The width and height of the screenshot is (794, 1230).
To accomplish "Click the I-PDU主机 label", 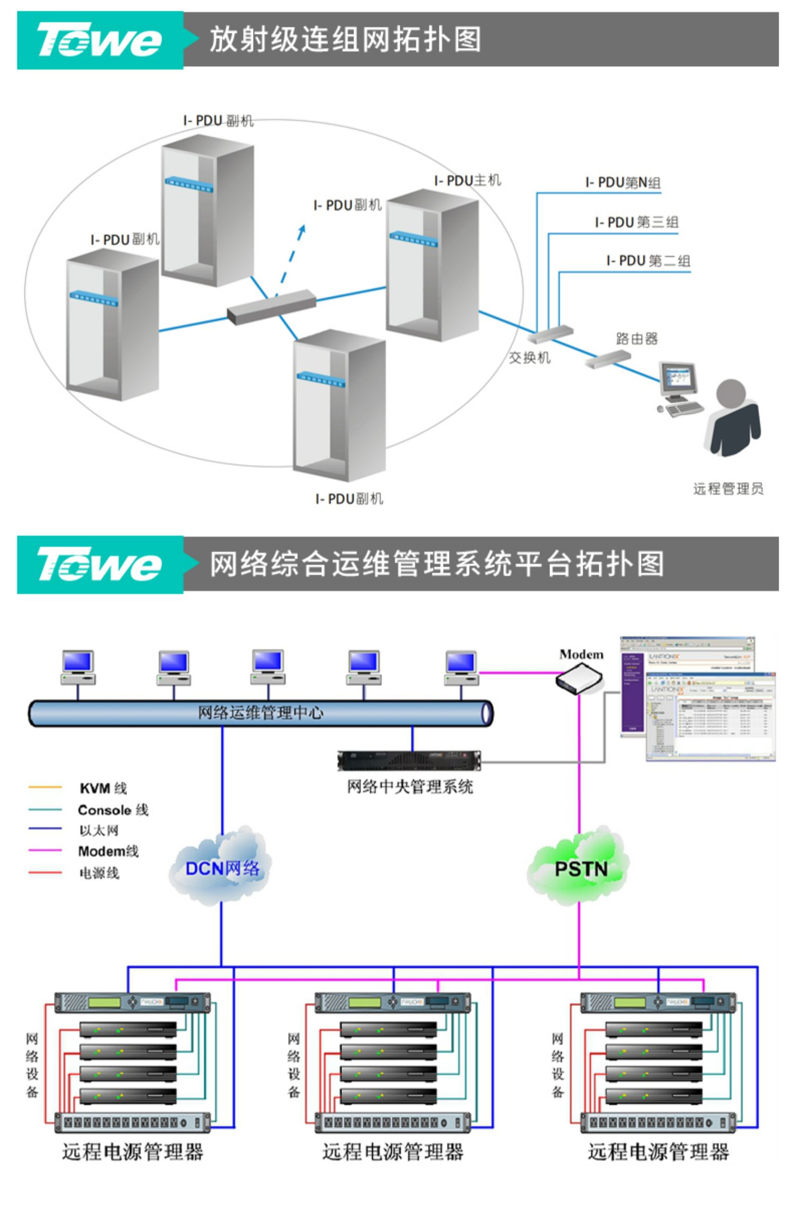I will point(467,181).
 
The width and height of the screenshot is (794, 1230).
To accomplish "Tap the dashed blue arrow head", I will point(302,229).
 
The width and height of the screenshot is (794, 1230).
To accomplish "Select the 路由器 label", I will point(636,339).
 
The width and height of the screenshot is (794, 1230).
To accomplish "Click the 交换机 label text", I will point(529,358).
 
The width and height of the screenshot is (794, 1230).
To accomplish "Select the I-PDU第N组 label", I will point(622,183).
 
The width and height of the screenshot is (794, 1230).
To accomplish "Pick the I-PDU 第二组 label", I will point(648,261).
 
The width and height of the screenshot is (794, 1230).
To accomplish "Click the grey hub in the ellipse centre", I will point(272,307).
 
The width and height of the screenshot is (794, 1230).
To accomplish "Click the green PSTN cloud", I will point(580,868).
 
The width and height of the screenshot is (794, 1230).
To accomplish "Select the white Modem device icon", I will point(579,680).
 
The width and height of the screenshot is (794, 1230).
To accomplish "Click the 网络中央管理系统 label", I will point(410,787).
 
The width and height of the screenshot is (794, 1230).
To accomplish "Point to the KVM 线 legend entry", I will point(103,788).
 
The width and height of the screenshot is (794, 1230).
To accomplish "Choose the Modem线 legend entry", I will point(108,851).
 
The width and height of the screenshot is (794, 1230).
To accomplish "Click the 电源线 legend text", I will point(99,873).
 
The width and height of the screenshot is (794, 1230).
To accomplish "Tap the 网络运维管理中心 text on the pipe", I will point(260,713).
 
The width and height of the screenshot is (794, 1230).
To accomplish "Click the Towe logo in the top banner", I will point(99,40).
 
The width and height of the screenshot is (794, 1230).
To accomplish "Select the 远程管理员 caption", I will point(728,488).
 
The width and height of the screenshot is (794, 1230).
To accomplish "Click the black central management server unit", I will point(409,761).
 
